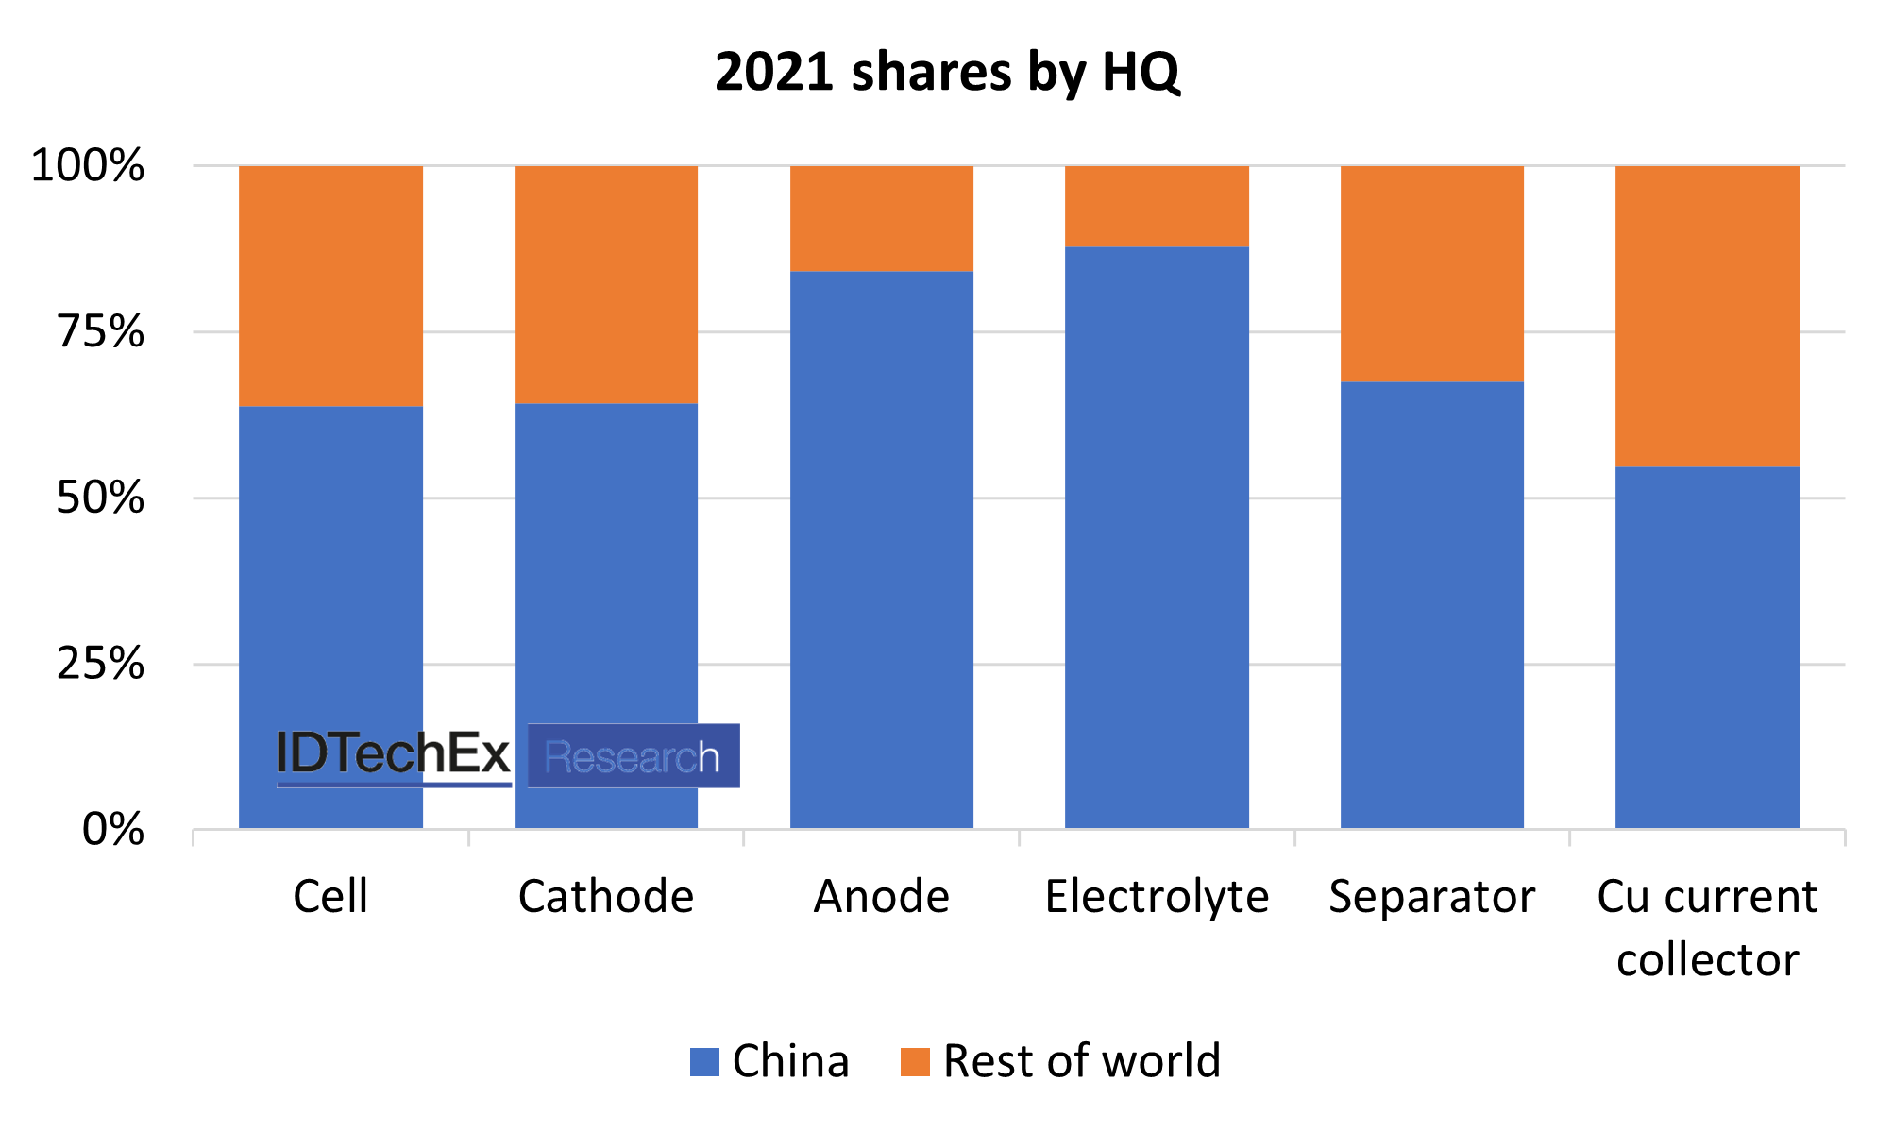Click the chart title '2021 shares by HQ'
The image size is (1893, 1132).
click(x=947, y=72)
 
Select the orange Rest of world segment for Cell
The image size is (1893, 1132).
click(x=330, y=286)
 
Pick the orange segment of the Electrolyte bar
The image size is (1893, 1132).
click(x=1157, y=207)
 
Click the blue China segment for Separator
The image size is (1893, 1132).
click(x=1431, y=604)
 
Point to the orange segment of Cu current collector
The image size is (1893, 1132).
click(x=1707, y=316)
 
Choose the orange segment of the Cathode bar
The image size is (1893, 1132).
click(x=605, y=285)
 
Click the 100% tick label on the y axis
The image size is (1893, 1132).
click(x=88, y=166)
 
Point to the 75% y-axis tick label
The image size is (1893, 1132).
click(x=100, y=332)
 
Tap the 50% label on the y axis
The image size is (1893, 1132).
click(x=100, y=498)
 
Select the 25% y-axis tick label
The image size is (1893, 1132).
click(x=100, y=665)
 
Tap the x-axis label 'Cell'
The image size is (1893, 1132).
click(x=330, y=896)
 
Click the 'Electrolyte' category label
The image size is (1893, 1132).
click(x=1157, y=896)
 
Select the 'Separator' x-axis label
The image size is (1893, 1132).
click(x=1431, y=896)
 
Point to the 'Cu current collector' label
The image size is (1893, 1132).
click(x=1707, y=927)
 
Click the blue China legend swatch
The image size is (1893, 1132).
click(x=704, y=1062)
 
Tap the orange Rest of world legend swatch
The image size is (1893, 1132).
click(x=915, y=1062)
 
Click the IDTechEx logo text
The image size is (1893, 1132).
click(x=393, y=755)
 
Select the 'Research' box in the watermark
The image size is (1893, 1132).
click(x=634, y=756)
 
